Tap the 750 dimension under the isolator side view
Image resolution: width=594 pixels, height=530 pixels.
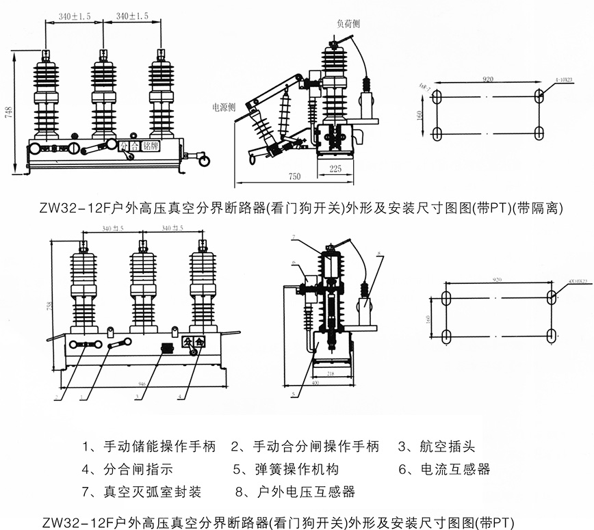(x=294, y=176)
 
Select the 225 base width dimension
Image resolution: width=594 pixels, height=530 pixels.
(x=335, y=169)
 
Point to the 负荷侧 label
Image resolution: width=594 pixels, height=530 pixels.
(x=348, y=23)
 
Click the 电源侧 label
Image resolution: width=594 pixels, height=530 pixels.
(x=223, y=107)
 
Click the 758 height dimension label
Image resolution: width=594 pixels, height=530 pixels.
(x=49, y=306)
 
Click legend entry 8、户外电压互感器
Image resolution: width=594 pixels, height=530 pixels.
(x=295, y=491)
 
